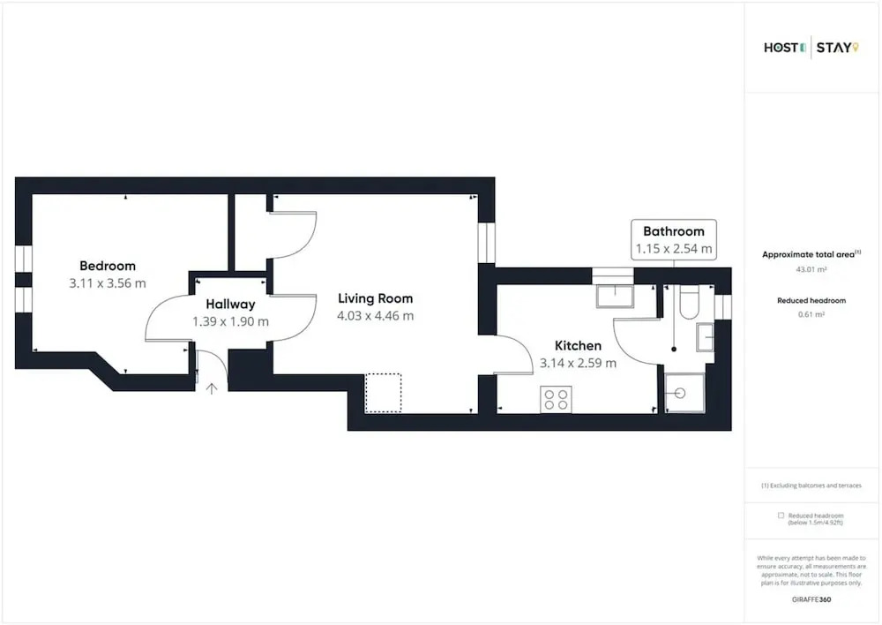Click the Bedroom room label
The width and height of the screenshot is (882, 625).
(108, 266)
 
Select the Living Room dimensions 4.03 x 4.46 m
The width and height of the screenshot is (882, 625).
(375, 316)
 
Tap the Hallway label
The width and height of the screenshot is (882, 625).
(230, 304)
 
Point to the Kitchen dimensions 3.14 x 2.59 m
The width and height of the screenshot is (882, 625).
(578, 363)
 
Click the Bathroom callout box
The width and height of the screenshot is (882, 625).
(674, 240)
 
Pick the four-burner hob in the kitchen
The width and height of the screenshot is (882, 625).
(557, 399)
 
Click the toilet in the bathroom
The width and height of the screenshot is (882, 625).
(689, 303)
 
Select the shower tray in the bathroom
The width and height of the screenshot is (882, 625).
(684, 393)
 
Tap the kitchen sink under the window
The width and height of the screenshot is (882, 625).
(615, 297)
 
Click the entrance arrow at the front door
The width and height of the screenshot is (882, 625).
(212, 388)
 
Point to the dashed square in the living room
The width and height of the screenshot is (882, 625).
(383, 393)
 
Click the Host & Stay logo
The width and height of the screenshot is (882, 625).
(811, 48)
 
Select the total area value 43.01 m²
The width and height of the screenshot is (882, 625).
(811, 270)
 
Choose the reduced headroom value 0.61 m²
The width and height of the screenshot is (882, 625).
(811, 315)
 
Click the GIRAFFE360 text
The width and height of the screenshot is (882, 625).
(811, 599)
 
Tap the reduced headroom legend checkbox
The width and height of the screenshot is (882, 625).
(781, 516)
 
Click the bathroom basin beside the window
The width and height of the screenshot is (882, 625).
(705, 337)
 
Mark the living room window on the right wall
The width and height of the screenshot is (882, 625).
(487, 243)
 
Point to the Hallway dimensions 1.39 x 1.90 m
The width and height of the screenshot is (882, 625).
(230, 321)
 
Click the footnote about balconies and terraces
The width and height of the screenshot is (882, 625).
(811, 486)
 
